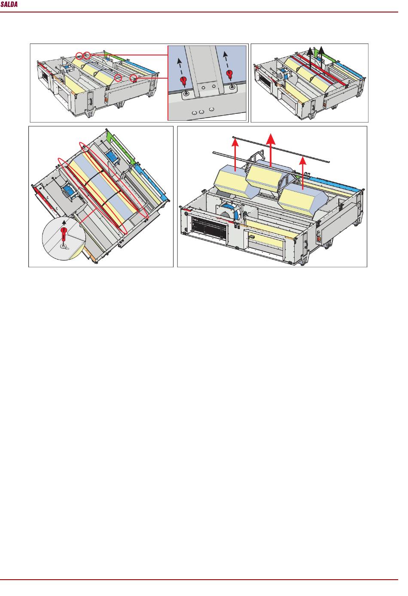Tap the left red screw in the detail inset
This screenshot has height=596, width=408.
183,81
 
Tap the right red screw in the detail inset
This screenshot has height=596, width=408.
229,74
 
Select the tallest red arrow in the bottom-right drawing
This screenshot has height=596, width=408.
271,150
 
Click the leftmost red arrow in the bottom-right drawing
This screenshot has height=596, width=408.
235,155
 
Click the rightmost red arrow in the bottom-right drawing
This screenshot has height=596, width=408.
302,173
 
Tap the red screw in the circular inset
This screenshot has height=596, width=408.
64,235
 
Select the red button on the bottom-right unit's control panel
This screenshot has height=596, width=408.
319,239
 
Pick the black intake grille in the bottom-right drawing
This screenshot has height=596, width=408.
210,229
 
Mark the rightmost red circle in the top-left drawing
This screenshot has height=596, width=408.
134,78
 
